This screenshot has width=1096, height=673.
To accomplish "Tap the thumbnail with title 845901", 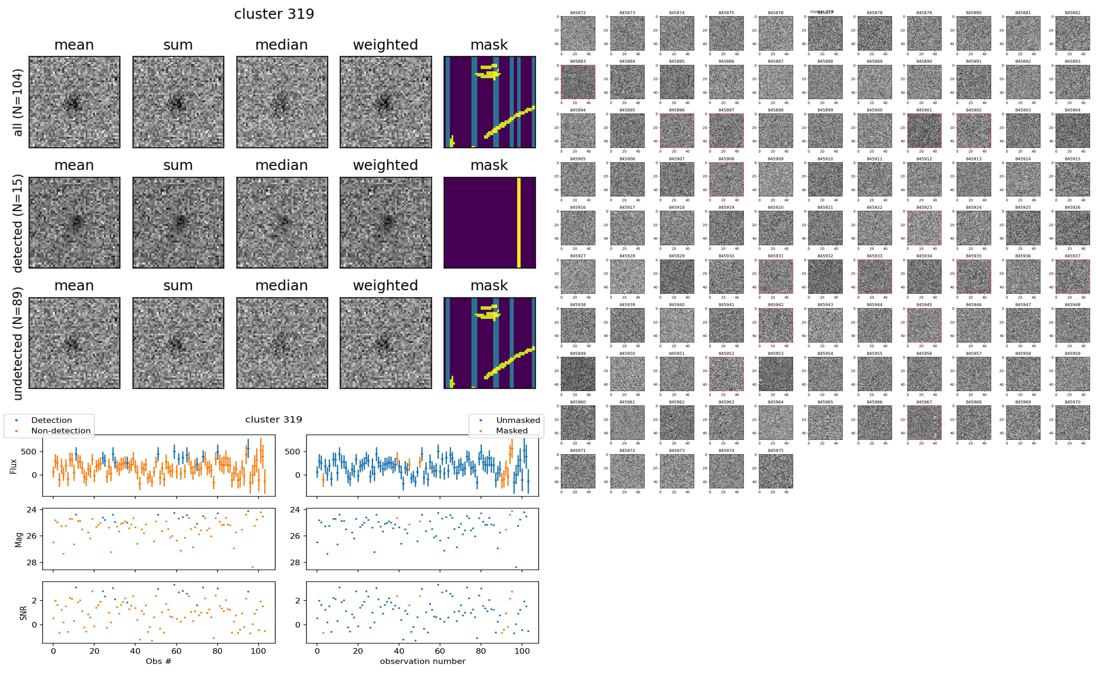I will (x=924, y=130).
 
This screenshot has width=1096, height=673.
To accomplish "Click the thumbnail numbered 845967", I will (x=924, y=422).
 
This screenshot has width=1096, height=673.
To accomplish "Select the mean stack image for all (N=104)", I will (x=74, y=102).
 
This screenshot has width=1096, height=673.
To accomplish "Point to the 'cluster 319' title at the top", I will (x=274, y=14).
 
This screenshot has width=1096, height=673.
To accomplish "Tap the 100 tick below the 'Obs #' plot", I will (x=258, y=651).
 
